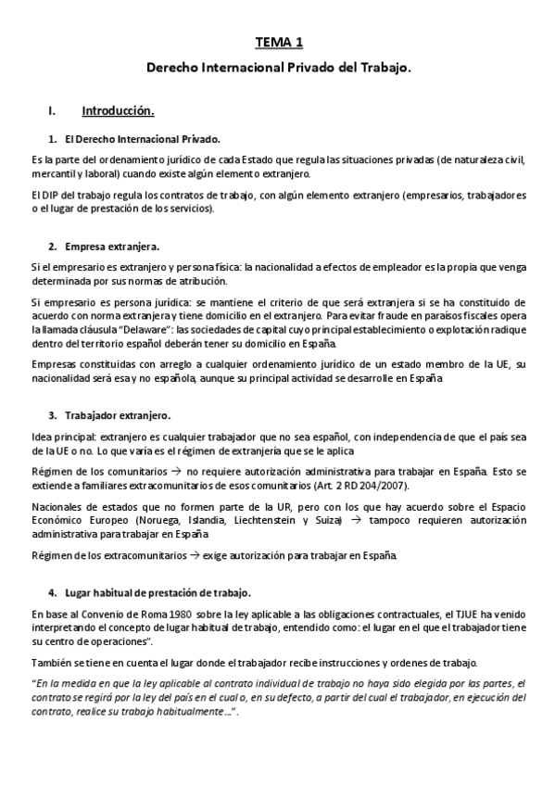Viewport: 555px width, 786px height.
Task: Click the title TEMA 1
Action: coord(277,43)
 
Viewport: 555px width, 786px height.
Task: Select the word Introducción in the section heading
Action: coord(117,111)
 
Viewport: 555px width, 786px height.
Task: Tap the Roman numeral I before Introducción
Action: coord(51,111)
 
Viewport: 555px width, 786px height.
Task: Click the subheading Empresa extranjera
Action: coord(112,246)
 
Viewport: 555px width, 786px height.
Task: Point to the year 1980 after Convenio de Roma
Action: coord(155,614)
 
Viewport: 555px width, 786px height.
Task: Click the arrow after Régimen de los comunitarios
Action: coord(178,472)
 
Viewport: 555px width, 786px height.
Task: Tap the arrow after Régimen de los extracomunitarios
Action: coord(194,555)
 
